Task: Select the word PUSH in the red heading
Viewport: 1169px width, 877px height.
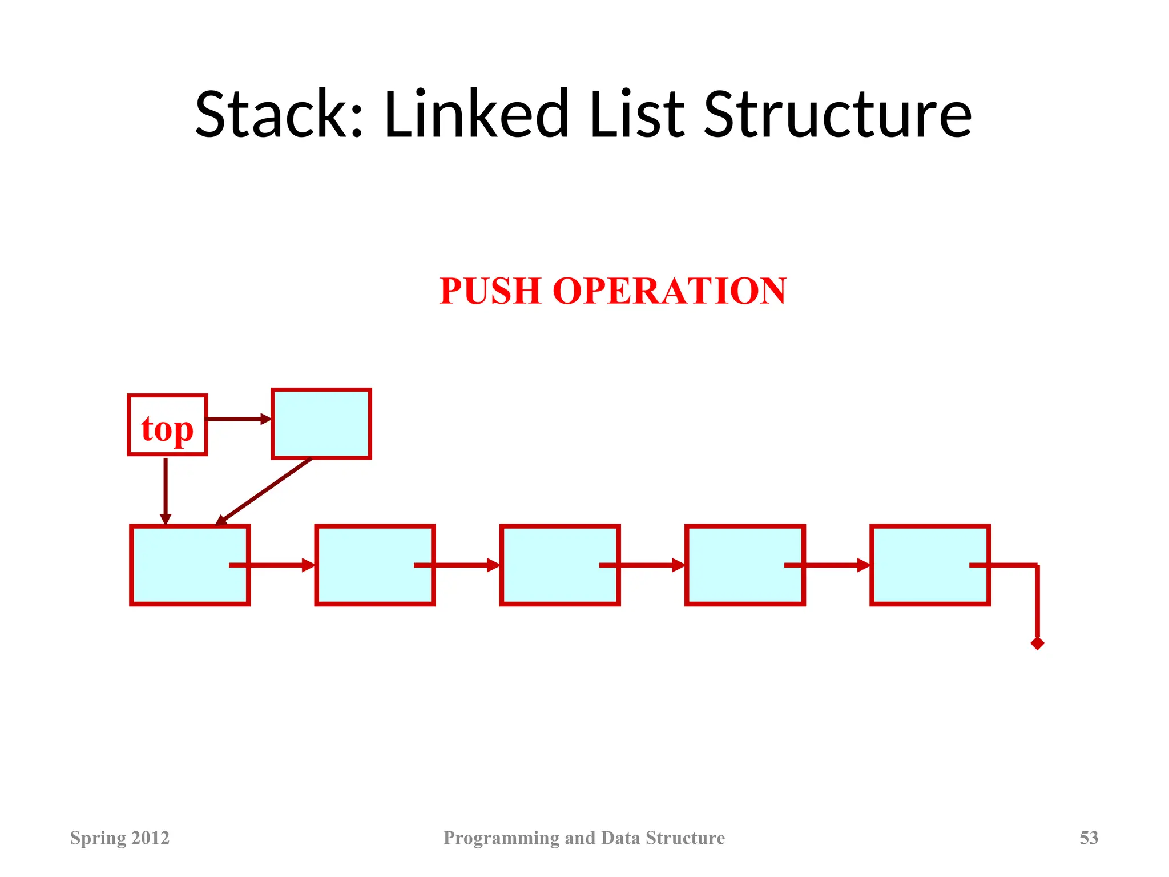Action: [490, 291]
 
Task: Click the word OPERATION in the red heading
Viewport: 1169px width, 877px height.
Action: [670, 291]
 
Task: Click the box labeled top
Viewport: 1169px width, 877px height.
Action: [167, 425]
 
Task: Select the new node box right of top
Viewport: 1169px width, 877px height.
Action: [321, 424]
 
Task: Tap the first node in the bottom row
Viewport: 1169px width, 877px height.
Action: [180, 565]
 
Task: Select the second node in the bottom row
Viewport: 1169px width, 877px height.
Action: [365, 565]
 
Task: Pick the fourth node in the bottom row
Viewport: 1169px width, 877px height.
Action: [736, 565]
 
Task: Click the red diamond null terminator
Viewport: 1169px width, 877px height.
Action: [1037, 643]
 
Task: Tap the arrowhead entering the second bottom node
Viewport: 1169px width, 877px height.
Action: [309, 565]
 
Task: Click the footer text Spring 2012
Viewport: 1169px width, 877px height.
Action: [120, 838]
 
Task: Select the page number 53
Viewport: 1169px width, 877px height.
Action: [1089, 838]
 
